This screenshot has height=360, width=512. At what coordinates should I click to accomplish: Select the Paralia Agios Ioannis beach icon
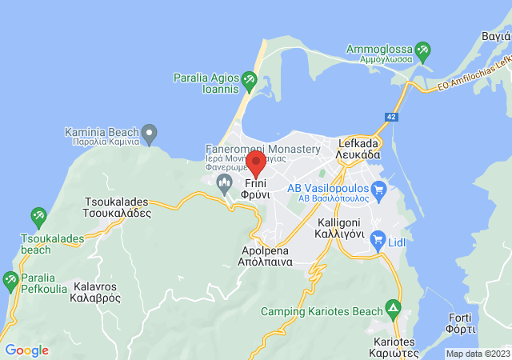pyautogui.click(x=249, y=79)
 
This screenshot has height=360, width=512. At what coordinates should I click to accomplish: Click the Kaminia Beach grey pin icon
pyautogui.click(x=150, y=132)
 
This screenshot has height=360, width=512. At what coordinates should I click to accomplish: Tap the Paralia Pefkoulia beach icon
pyautogui.click(x=10, y=281)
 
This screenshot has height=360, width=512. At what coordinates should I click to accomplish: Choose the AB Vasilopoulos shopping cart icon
pyautogui.click(x=378, y=190)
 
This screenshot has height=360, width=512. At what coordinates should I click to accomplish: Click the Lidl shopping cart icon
pyautogui.click(x=378, y=241)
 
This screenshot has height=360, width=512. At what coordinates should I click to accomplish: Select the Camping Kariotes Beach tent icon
pyautogui.click(x=393, y=307)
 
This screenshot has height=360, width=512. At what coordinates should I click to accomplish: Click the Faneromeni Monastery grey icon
pyautogui.click(x=224, y=184)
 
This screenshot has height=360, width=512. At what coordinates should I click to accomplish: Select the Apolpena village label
pyautogui.click(x=266, y=255)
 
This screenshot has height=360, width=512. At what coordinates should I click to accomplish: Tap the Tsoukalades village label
pyautogui.click(x=118, y=208)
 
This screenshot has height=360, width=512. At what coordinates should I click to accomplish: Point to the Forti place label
pyautogui.click(x=462, y=321)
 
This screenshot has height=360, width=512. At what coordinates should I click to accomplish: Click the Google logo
pyautogui.click(x=26, y=350)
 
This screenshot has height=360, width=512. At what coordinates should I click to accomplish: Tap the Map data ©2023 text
pyautogui.click(x=478, y=354)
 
